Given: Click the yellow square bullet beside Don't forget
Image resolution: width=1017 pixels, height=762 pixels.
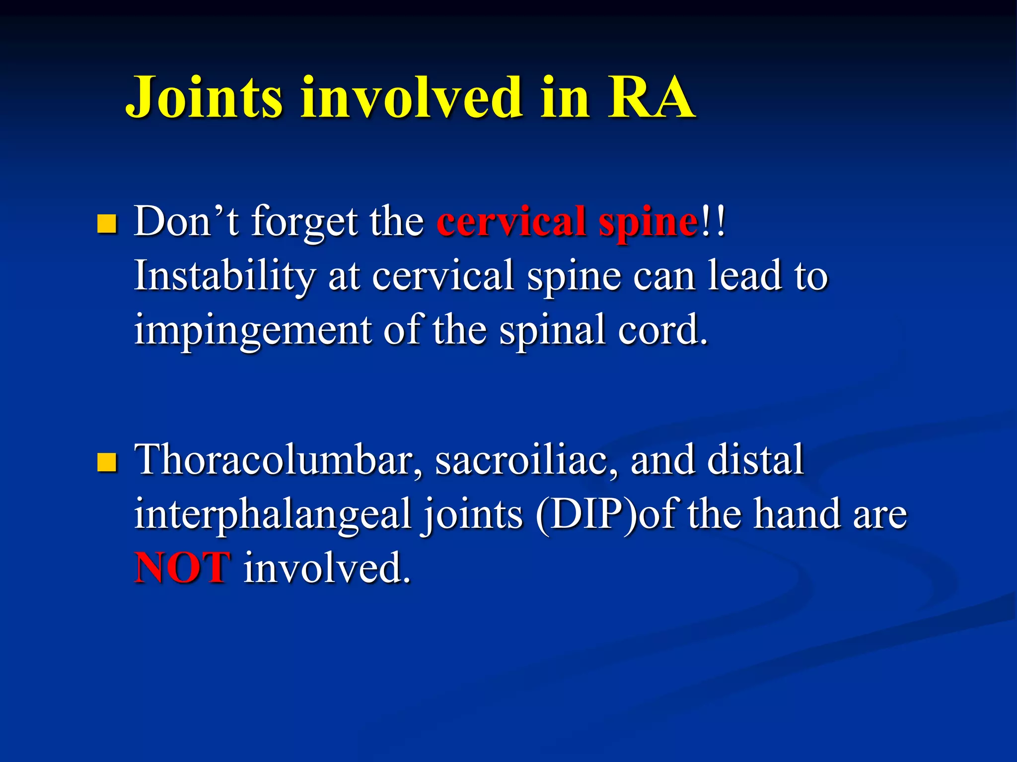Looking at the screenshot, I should pyautogui.click(x=107, y=224).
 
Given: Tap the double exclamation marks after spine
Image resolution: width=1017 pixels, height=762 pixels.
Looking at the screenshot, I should pyautogui.click(x=713, y=221).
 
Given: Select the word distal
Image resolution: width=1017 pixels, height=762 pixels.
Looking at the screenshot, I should pyautogui.click(x=755, y=459).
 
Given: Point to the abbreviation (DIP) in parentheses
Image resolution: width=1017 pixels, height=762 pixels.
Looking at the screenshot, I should pyautogui.click(x=586, y=515).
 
